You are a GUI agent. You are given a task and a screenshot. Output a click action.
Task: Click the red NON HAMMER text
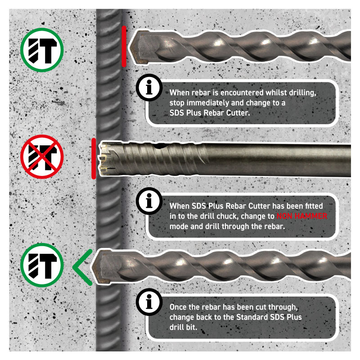pos(301,216)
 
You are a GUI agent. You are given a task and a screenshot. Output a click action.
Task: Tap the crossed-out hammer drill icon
pos(42,157)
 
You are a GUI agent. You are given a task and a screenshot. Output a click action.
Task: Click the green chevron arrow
pos(82,267)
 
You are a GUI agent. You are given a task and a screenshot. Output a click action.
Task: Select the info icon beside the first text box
pos(149,87)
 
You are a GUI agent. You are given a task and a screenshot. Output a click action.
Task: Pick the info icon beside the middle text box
pos(149,201)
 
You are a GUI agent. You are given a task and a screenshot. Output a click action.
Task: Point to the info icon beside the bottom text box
pos(149,301)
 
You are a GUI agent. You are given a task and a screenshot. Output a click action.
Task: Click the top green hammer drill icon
pos(42,50)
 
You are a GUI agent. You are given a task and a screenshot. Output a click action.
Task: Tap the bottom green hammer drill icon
pos(42,265)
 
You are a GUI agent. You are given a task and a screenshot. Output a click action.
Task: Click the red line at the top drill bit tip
pos(124,46)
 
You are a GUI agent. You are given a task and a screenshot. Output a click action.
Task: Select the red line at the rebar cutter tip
pos(94,158)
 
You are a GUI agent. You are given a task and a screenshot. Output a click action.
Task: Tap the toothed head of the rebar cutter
pos(108,159)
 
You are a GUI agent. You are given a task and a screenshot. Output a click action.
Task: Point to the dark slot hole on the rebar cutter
pos(162,145)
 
